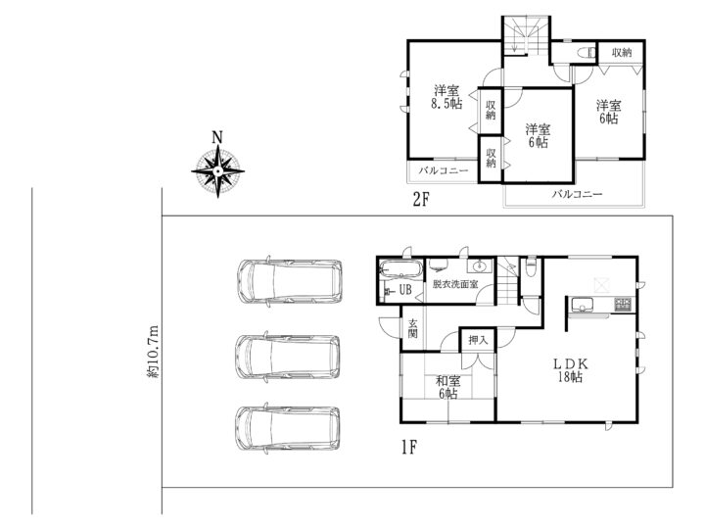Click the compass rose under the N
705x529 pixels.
218,171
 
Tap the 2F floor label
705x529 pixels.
421,200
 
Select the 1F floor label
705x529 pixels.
409,447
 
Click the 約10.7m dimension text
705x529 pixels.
154,351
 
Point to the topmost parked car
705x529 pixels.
291,281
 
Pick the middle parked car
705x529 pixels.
288,357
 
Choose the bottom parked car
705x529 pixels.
288,428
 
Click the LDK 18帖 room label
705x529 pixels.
570,370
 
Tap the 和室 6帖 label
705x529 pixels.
448,387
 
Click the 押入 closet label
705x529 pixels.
478,340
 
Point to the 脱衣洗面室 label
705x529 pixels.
455,284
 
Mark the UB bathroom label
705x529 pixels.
405,290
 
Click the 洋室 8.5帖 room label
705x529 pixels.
446,97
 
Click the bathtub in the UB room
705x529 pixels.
400,269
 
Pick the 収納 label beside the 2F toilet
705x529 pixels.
622,53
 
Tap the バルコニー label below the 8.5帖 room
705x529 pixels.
444,170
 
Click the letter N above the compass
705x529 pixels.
217,137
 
